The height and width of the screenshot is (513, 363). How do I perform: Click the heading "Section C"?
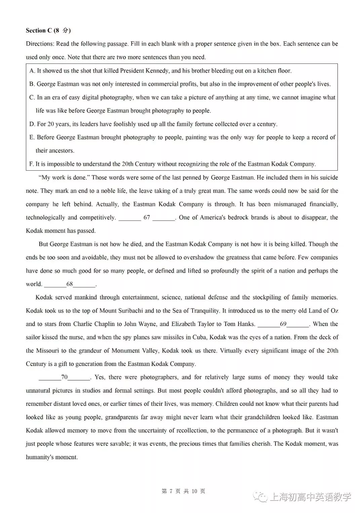(39, 31)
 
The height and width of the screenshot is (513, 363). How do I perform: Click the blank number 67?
(147, 217)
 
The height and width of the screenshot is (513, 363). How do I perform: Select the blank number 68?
(70, 284)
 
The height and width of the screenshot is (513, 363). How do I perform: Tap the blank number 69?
(283, 324)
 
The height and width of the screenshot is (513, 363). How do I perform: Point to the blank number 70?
(64, 377)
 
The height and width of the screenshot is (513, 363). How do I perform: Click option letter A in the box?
(32, 71)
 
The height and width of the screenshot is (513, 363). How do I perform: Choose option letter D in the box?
(32, 124)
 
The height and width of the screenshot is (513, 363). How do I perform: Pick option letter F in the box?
(32, 164)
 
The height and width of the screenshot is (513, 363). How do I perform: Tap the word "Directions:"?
(40, 44)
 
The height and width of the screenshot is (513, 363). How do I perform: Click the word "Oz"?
(334, 311)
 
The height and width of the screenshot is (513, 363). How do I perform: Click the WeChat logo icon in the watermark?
(261, 497)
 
